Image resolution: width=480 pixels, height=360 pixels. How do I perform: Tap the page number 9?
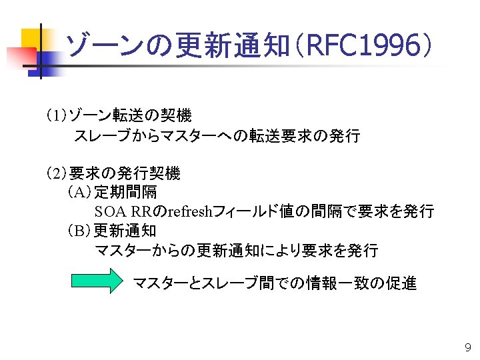coord(467,347)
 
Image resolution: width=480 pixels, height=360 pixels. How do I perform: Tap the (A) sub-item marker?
coord(79,193)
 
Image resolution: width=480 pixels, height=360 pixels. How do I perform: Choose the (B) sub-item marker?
coord(79,231)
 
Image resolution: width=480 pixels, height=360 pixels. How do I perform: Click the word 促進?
coord(401,283)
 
